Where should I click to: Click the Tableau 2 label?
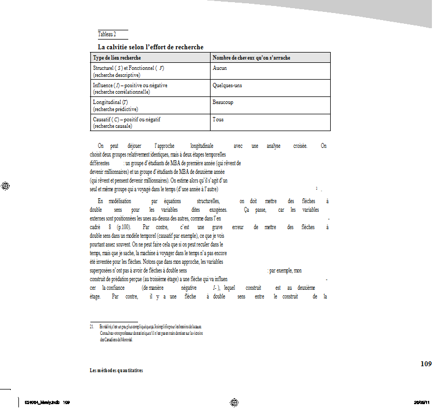[x=107, y=34]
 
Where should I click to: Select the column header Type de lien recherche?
[x=117, y=57]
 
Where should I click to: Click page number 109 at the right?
[x=425, y=363]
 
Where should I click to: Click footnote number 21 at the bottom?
[x=92, y=327]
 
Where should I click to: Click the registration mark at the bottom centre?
[x=234, y=402]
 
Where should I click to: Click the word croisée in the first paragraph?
[x=297, y=146]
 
